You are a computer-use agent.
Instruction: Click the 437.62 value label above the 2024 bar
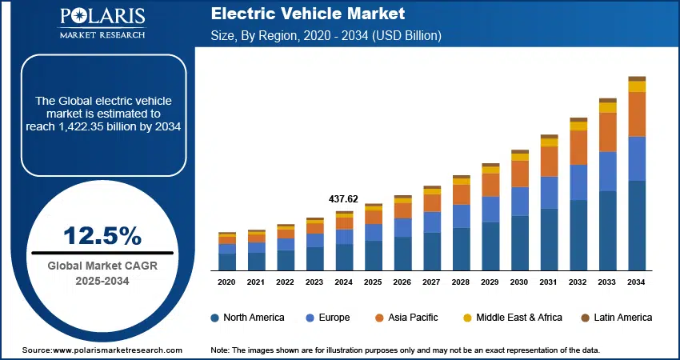coord(343,198)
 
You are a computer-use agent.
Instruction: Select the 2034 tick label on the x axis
coord(637,282)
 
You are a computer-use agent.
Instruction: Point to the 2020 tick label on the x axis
coord(227,282)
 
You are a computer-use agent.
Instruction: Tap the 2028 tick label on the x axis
coord(461,282)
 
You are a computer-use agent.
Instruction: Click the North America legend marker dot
coord(215,318)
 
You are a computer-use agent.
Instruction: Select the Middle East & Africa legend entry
coord(519,318)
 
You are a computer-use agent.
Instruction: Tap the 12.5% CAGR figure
coord(102,236)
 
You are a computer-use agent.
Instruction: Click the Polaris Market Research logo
coord(101,23)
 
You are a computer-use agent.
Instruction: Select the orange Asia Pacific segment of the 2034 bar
coord(637,114)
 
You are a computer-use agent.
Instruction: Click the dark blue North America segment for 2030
coord(520,242)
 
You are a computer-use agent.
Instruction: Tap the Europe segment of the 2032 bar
coord(578,182)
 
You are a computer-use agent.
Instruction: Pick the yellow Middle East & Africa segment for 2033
coord(608,107)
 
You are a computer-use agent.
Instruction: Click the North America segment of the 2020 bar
coord(227,262)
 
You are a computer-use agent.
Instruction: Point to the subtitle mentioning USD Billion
coord(326,36)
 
